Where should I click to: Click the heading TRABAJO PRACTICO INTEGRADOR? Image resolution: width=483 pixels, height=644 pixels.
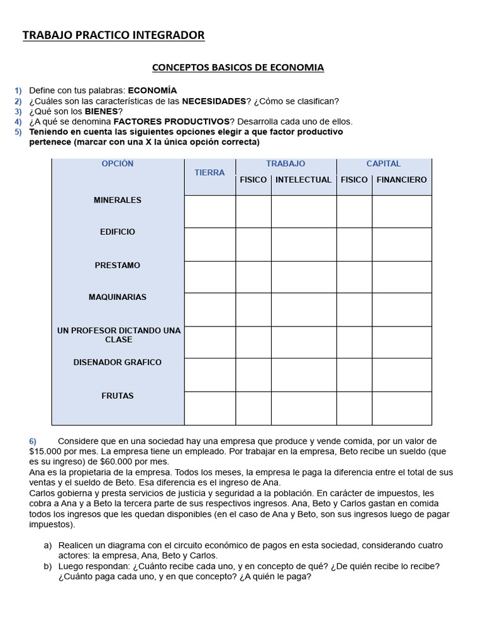tap(113, 36)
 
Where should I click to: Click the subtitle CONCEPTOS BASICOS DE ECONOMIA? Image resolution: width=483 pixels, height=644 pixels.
tap(238, 67)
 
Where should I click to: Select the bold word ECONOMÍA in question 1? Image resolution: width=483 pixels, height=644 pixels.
tap(152, 91)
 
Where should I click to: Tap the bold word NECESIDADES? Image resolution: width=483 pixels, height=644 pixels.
tap(214, 101)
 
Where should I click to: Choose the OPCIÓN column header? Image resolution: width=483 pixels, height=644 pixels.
tap(118, 164)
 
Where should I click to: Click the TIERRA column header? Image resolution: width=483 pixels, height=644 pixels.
tap(209, 172)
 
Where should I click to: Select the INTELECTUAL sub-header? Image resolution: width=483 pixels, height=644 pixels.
tap(303, 180)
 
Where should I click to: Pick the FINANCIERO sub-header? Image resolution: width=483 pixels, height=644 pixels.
tap(401, 180)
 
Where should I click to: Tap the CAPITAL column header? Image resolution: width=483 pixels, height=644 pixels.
tap(383, 164)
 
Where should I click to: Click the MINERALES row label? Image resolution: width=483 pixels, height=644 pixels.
tap(118, 200)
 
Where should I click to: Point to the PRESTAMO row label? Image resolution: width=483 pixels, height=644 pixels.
tap(118, 265)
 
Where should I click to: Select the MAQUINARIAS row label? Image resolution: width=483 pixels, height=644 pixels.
tap(118, 297)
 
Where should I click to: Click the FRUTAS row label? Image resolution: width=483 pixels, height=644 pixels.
tap(118, 396)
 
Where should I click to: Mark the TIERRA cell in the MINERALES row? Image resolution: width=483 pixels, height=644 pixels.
tap(209, 211)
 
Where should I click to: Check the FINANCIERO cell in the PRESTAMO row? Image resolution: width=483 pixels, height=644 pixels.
tap(401, 277)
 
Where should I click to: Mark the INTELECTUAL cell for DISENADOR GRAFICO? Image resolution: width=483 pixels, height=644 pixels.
tap(303, 375)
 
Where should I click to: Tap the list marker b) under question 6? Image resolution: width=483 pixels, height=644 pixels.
tap(48, 566)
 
